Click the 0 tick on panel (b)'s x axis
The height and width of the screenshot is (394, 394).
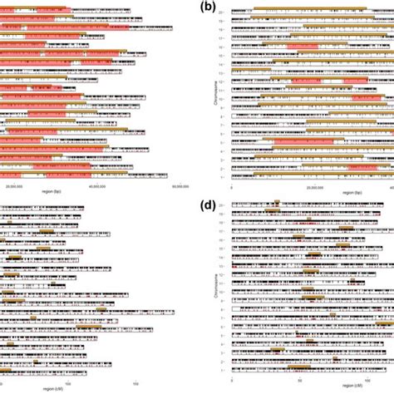pyautogui.click(x=233, y=187)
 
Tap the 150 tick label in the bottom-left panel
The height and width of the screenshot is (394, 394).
pyautogui.click(x=136, y=382)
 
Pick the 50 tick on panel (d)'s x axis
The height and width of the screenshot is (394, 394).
pyautogui.click(x=300, y=382)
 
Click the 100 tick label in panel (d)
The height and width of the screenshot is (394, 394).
pyautogui.click(x=367, y=382)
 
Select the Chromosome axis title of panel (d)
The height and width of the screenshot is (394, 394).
pyautogui.click(x=217, y=290)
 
